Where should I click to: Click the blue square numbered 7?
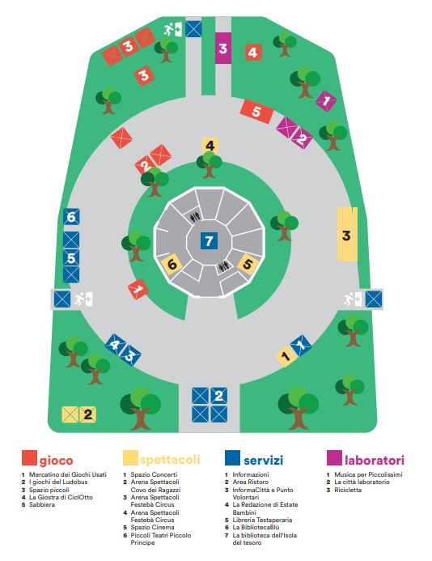coord(209,240)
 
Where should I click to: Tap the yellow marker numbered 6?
coord(172,264)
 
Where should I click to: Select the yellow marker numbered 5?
coord(248,264)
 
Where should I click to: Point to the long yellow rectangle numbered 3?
coord(347,234)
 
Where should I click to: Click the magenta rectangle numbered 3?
coord(223,48)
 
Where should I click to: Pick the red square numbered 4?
coord(253,53)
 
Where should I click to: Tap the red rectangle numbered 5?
coord(256,111)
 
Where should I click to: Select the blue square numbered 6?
coord(71,216)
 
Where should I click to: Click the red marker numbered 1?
coord(138,289)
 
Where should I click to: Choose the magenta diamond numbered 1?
coord(326,101)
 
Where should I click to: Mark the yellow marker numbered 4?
coord(210,146)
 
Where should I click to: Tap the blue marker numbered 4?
coord(115,344)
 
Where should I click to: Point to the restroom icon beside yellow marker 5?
coord(223,266)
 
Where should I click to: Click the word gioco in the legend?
coord(56,461)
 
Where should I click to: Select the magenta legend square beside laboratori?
coord(334,457)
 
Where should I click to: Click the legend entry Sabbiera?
coord(42,504)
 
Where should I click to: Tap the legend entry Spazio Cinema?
coord(152,527)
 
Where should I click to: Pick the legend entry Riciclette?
coord(348,490)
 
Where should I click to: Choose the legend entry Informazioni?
coord(251,474)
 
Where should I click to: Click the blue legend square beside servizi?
coord(232,457)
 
